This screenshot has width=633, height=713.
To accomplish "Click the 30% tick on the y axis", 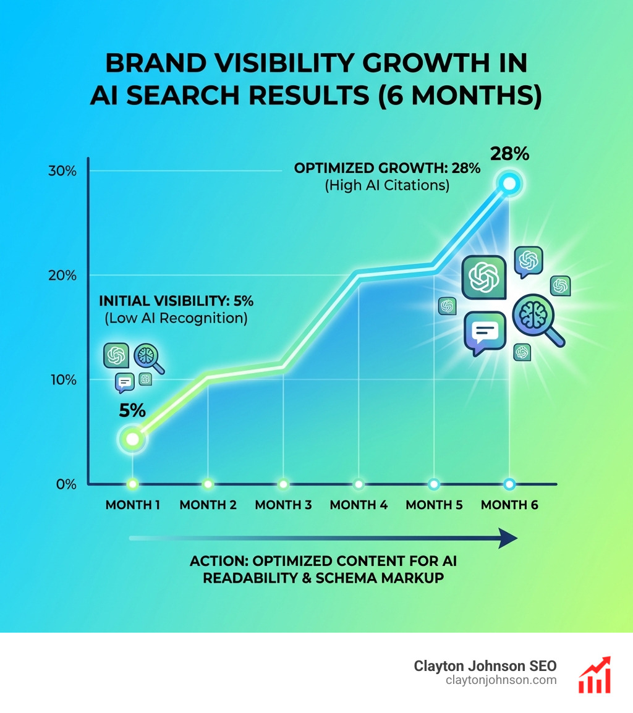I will (x=62, y=171).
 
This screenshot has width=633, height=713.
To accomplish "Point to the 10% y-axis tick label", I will (x=62, y=379).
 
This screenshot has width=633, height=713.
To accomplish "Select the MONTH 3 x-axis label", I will (x=283, y=505).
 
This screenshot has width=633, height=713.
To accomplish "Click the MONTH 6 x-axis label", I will (x=509, y=505).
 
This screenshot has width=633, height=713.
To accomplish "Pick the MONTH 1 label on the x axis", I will (x=133, y=505).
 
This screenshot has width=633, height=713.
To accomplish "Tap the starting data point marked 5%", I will (x=132, y=439).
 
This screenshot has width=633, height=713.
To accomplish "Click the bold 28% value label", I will (x=509, y=153).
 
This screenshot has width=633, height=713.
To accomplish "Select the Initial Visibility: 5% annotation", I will (x=176, y=302).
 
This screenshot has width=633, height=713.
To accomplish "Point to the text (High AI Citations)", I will (x=387, y=185).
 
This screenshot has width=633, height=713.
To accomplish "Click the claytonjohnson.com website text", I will (x=501, y=680).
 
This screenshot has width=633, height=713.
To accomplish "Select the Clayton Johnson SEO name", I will (x=485, y=666).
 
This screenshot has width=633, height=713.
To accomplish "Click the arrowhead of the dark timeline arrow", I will (x=508, y=538).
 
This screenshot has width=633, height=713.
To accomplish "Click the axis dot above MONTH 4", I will (x=359, y=484).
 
